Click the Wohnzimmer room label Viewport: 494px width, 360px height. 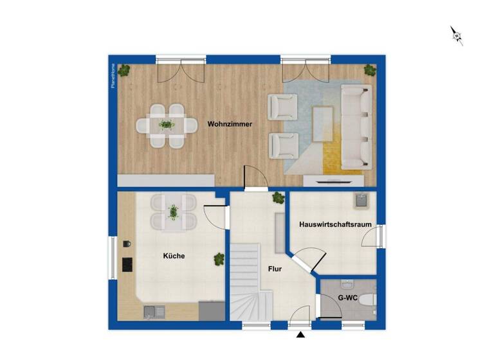[229, 123]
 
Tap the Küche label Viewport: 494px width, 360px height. [174, 256]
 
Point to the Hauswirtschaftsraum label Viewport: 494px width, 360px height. [335, 224]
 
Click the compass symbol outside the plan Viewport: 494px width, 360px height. [457, 35]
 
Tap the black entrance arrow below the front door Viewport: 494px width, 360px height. [299, 334]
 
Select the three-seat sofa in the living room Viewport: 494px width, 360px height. [357, 127]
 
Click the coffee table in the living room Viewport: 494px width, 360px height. [323, 124]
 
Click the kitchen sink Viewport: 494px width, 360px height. [152, 312]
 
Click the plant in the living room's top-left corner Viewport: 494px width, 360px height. [123, 70]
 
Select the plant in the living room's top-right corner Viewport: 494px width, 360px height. [369, 70]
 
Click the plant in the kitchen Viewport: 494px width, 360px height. [219, 259]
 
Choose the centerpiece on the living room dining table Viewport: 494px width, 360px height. [167, 124]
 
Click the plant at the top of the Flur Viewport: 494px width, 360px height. [278, 197]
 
